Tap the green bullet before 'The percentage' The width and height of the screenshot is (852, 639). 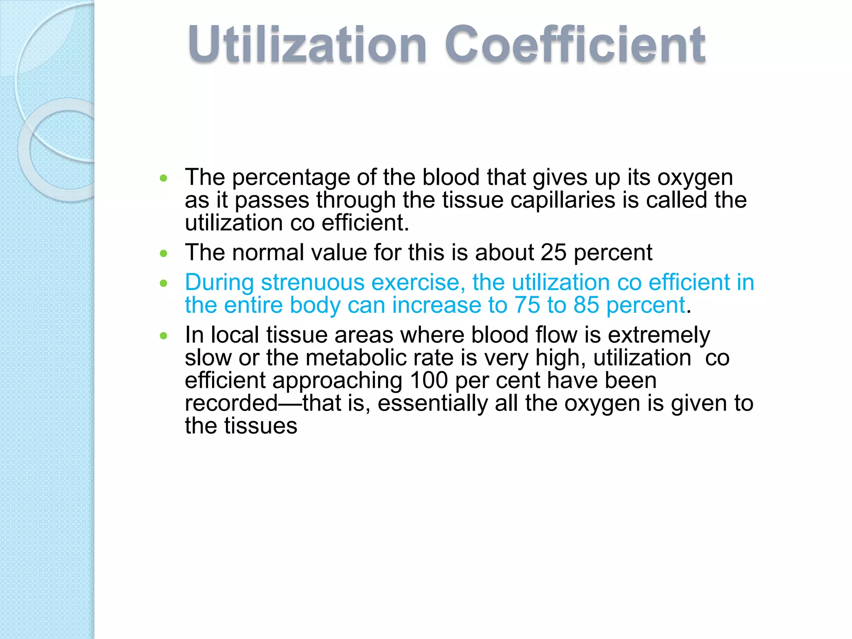click(163, 178)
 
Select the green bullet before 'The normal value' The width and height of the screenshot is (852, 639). click(163, 253)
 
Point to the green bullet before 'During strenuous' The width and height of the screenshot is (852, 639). click(163, 283)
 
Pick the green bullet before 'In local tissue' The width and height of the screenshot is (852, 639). click(163, 336)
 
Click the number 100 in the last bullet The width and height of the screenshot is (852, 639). click(428, 380)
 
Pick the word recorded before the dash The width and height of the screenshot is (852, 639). click(231, 403)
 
